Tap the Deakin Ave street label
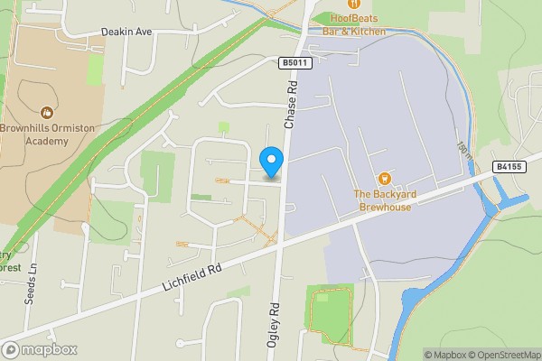[x=126, y=31]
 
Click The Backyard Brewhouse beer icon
[x=383, y=179]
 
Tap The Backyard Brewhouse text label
[x=383, y=200]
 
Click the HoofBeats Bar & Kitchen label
[x=347, y=25]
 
